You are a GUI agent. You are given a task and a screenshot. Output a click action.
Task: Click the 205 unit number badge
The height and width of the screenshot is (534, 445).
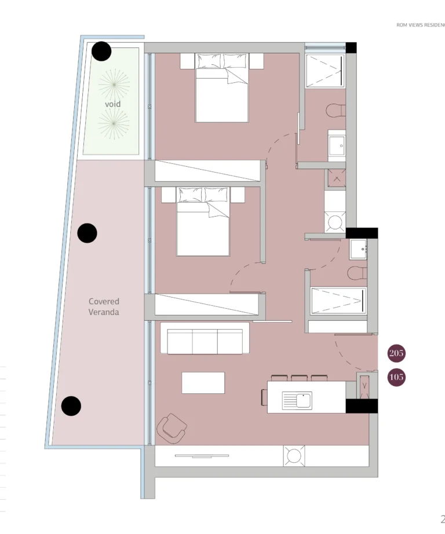[397, 353]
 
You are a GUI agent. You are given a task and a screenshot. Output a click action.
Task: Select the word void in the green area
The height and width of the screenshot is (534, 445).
[113, 104]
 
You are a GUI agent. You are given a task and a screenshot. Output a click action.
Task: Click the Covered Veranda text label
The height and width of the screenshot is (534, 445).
[104, 306]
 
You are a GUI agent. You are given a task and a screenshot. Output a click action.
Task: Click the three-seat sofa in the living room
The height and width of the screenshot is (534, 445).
[205, 339]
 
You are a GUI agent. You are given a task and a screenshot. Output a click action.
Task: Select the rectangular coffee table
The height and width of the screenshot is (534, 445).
[203, 383]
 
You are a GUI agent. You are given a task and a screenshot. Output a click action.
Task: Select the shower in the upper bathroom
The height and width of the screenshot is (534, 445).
[325, 71]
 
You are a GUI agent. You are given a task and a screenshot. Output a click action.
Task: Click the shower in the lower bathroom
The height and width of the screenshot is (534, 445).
[338, 301]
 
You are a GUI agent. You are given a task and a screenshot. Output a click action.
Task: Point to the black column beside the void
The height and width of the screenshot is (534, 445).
[102, 52]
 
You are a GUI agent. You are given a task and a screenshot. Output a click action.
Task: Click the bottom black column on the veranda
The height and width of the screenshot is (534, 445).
[71, 406]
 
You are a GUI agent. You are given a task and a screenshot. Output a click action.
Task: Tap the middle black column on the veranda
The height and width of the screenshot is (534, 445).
[87, 233]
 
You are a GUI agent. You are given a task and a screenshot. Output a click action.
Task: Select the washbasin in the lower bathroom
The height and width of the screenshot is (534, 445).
[358, 249]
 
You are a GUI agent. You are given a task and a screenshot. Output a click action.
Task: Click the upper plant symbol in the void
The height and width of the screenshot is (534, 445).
[114, 85]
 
